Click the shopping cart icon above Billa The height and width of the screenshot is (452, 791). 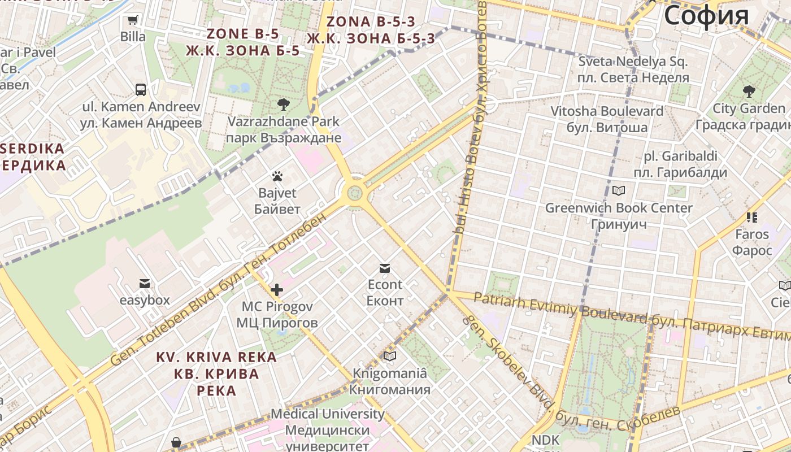pyautogui.click(x=133, y=20)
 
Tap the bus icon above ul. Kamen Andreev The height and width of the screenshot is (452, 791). pyautogui.click(x=141, y=89)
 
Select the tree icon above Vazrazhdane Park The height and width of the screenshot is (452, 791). pyautogui.click(x=283, y=104)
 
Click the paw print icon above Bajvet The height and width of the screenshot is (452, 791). pyautogui.click(x=276, y=176)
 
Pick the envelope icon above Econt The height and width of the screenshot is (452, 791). pyautogui.click(x=385, y=268)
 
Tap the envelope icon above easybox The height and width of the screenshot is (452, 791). pyautogui.click(x=145, y=283)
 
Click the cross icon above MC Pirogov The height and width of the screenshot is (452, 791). pyautogui.click(x=276, y=290)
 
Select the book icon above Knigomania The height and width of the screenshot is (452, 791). pyautogui.click(x=389, y=356)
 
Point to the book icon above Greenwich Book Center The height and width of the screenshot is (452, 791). pyautogui.click(x=619, y=191)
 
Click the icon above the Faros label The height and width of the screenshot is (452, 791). pyautogui.click(x=751, y=217)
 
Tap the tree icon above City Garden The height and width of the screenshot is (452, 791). pyautogui.click(x=749, y=91)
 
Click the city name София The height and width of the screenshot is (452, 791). pyautogui.click(x=706, y=15)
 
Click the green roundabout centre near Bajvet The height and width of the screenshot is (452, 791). pyautogui.click(x=355, y=193)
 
